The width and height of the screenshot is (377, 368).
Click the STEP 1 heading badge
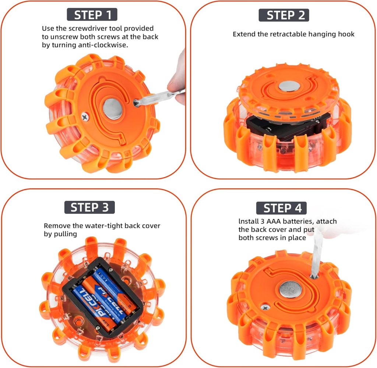tap(92, 15)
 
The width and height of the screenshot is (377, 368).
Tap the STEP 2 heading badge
tap(284, 15)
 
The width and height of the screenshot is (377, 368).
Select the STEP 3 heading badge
tap(89, 207)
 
